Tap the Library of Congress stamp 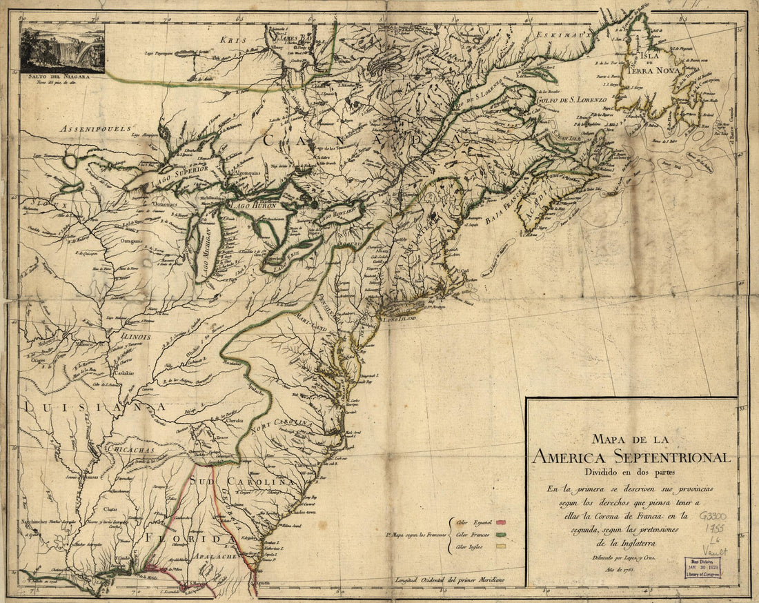pos(702,566)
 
